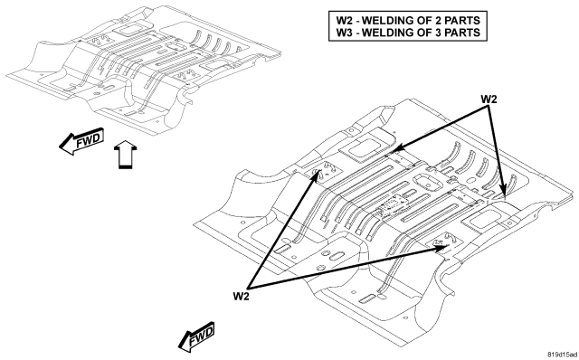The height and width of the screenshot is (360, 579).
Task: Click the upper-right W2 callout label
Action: coord(489,99)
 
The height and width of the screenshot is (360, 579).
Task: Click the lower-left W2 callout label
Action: coord(242,296)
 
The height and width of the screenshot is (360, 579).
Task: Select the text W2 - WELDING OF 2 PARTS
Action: coord(408,20)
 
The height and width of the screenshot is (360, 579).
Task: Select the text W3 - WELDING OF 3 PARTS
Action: coord(408,33)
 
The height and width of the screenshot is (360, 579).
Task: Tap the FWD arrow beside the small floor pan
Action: coord(82,141)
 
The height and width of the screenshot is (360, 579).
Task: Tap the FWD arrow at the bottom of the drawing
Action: coord(196,336)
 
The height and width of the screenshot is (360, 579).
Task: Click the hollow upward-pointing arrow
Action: coord(125,155)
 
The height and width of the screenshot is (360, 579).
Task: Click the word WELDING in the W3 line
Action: coord(389,33)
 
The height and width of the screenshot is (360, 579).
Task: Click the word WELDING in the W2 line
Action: coord(389,20)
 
